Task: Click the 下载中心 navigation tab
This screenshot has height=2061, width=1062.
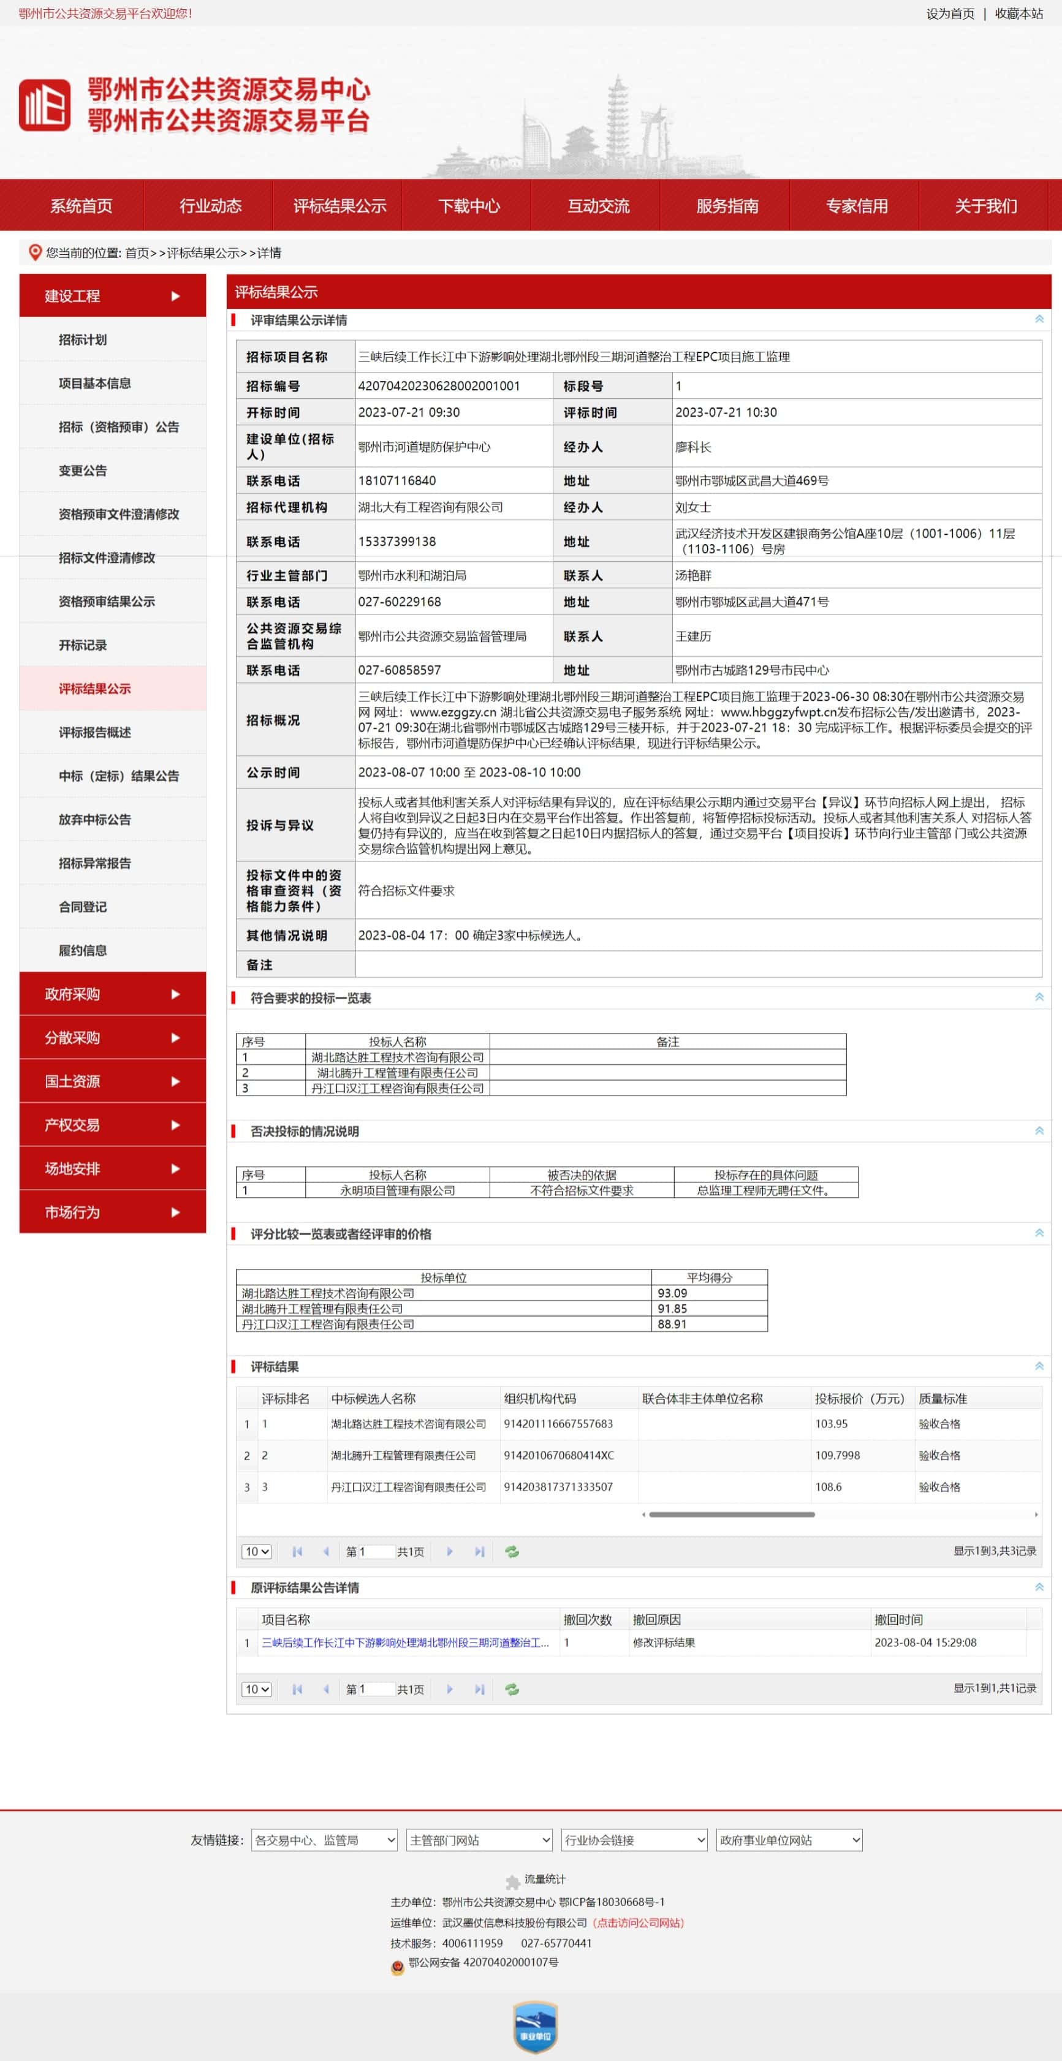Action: click(x=469, y=206)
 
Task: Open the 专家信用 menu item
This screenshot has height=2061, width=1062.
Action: click(x=856, y=206)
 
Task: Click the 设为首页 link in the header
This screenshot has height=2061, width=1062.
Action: click(x=950, y=13)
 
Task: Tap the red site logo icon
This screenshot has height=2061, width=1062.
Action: click(x=44, y=105)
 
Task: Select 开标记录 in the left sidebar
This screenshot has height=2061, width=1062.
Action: click(x=83, y=645)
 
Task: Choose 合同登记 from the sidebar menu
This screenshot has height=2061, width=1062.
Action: click(x=83, y=907)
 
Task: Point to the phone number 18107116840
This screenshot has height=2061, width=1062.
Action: click(x=397, y=481)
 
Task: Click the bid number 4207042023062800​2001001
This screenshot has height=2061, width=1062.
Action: click(x=439, y=385)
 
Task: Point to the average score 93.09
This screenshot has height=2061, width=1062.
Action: click(x=672, y=1293)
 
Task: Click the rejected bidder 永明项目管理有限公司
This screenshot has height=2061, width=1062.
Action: click(x=398, y=1190)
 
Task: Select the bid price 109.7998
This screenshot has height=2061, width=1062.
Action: click(x=837, y=1455)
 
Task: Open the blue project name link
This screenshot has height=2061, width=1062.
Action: click(x=405, y=1643)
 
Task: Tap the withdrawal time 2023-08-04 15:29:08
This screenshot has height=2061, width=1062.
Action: click(x=925, y=1643)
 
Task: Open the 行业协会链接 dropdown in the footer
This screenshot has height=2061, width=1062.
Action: click(x=634, y=1840)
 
